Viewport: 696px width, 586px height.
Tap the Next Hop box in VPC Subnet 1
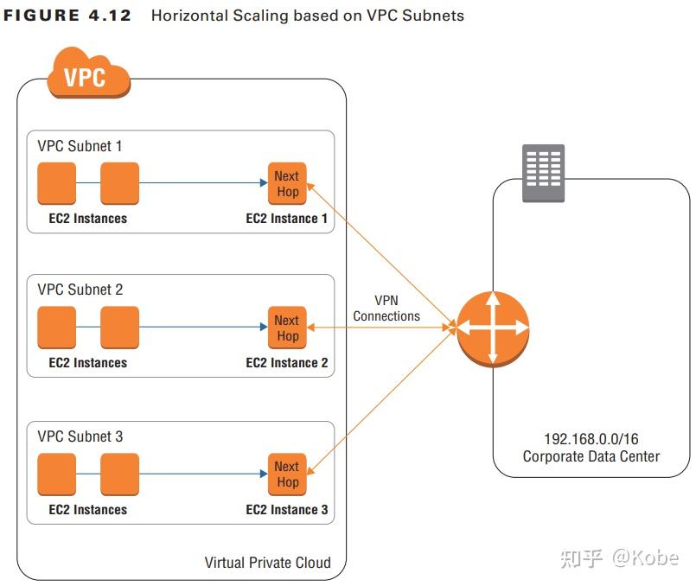pos(287,183)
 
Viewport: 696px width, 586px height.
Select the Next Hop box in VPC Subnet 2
pos(287,328)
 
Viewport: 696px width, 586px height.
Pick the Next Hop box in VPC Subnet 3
pos(287,474)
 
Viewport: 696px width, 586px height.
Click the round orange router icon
pos(492,328)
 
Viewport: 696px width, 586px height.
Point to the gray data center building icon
pos(543,173)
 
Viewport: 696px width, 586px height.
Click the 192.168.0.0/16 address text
pos(591,438)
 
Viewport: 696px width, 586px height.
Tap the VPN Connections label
pos(386,308)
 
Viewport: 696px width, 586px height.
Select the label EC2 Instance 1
pos(286,219)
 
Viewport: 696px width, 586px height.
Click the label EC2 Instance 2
pos(286,363)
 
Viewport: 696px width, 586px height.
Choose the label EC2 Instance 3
pos(286,510)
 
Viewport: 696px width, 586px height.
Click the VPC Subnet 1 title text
pos(80,146)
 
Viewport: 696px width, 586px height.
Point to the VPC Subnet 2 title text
pos(80,290)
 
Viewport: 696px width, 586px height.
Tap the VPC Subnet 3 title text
pos(80,436)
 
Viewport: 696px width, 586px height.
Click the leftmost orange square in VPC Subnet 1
pos(57,182)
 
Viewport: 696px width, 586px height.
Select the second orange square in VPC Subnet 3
pos(119,474)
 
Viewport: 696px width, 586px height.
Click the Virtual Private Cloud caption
pos(267,562)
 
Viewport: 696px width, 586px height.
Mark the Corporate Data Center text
pos(591,456)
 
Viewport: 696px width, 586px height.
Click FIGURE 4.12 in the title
pos(67,16)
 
